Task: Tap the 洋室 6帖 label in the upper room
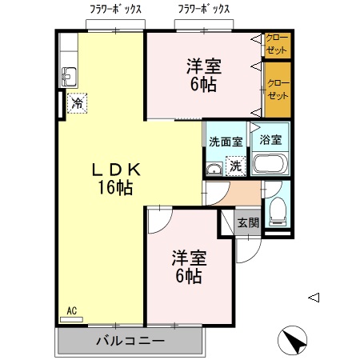(203, 74)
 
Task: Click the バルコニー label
(130, 341)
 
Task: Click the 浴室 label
(271, 139)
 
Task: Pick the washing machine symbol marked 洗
(235, 166)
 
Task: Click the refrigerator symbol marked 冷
(77, 102)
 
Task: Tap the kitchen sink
(69, 77)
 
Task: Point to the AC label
(71, 311)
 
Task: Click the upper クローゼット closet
(277, 45)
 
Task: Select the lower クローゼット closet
(277, 90)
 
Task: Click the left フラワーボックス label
(116, 10)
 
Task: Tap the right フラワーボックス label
(203, 10)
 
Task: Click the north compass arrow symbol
(293, 342)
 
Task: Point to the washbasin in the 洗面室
(214, 168)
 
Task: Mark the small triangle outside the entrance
(314, 298)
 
